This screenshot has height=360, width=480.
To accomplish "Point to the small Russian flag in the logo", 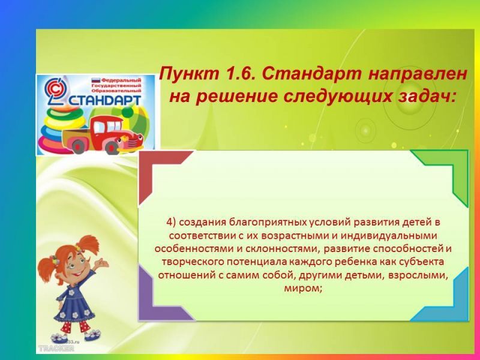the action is tap(96, 80).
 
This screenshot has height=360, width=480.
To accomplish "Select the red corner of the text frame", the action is tap(159, 172).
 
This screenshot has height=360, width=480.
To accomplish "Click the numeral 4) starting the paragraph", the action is tap(171, 223).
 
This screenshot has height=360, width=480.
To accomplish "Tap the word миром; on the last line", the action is tap(304, 289).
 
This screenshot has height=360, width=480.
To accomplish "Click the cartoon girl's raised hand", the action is tap(102, 263).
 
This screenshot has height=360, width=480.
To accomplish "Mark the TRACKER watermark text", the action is tap(56, 349).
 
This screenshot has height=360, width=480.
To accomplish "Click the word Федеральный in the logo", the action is tap(121, 80).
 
